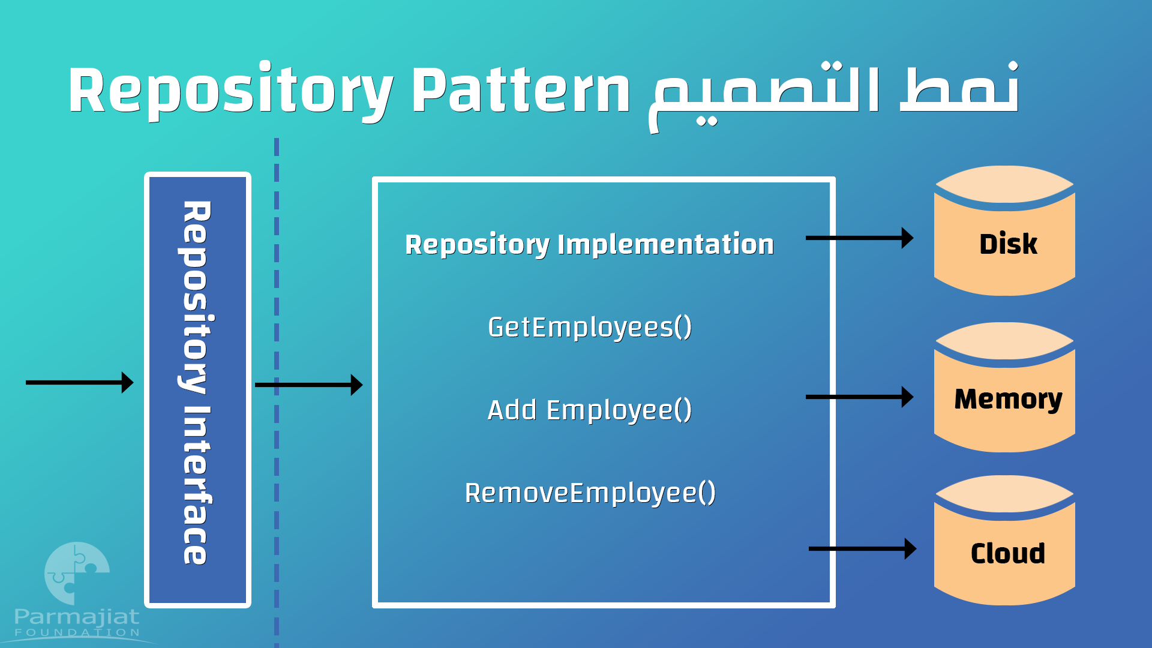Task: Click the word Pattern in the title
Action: point(521,90)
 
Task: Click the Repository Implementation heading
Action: point(589,245)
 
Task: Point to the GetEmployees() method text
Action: point(590,328)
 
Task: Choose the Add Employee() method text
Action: point(590,410)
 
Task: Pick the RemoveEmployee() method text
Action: point(590,493)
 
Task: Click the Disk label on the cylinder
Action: point(1008,244)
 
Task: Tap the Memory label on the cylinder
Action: point(1008,400)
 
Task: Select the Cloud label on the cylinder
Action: point(1008,553)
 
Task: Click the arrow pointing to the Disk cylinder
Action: point(859,238)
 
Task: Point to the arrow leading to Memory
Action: point(859,397)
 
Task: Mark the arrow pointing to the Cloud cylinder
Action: point(862,548)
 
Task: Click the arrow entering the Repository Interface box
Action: point(79,382)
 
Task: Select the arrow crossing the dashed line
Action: point(308,385)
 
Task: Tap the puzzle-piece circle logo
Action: point(77,574)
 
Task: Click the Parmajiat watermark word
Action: point(77,617)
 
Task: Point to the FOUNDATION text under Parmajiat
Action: point(77,632)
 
